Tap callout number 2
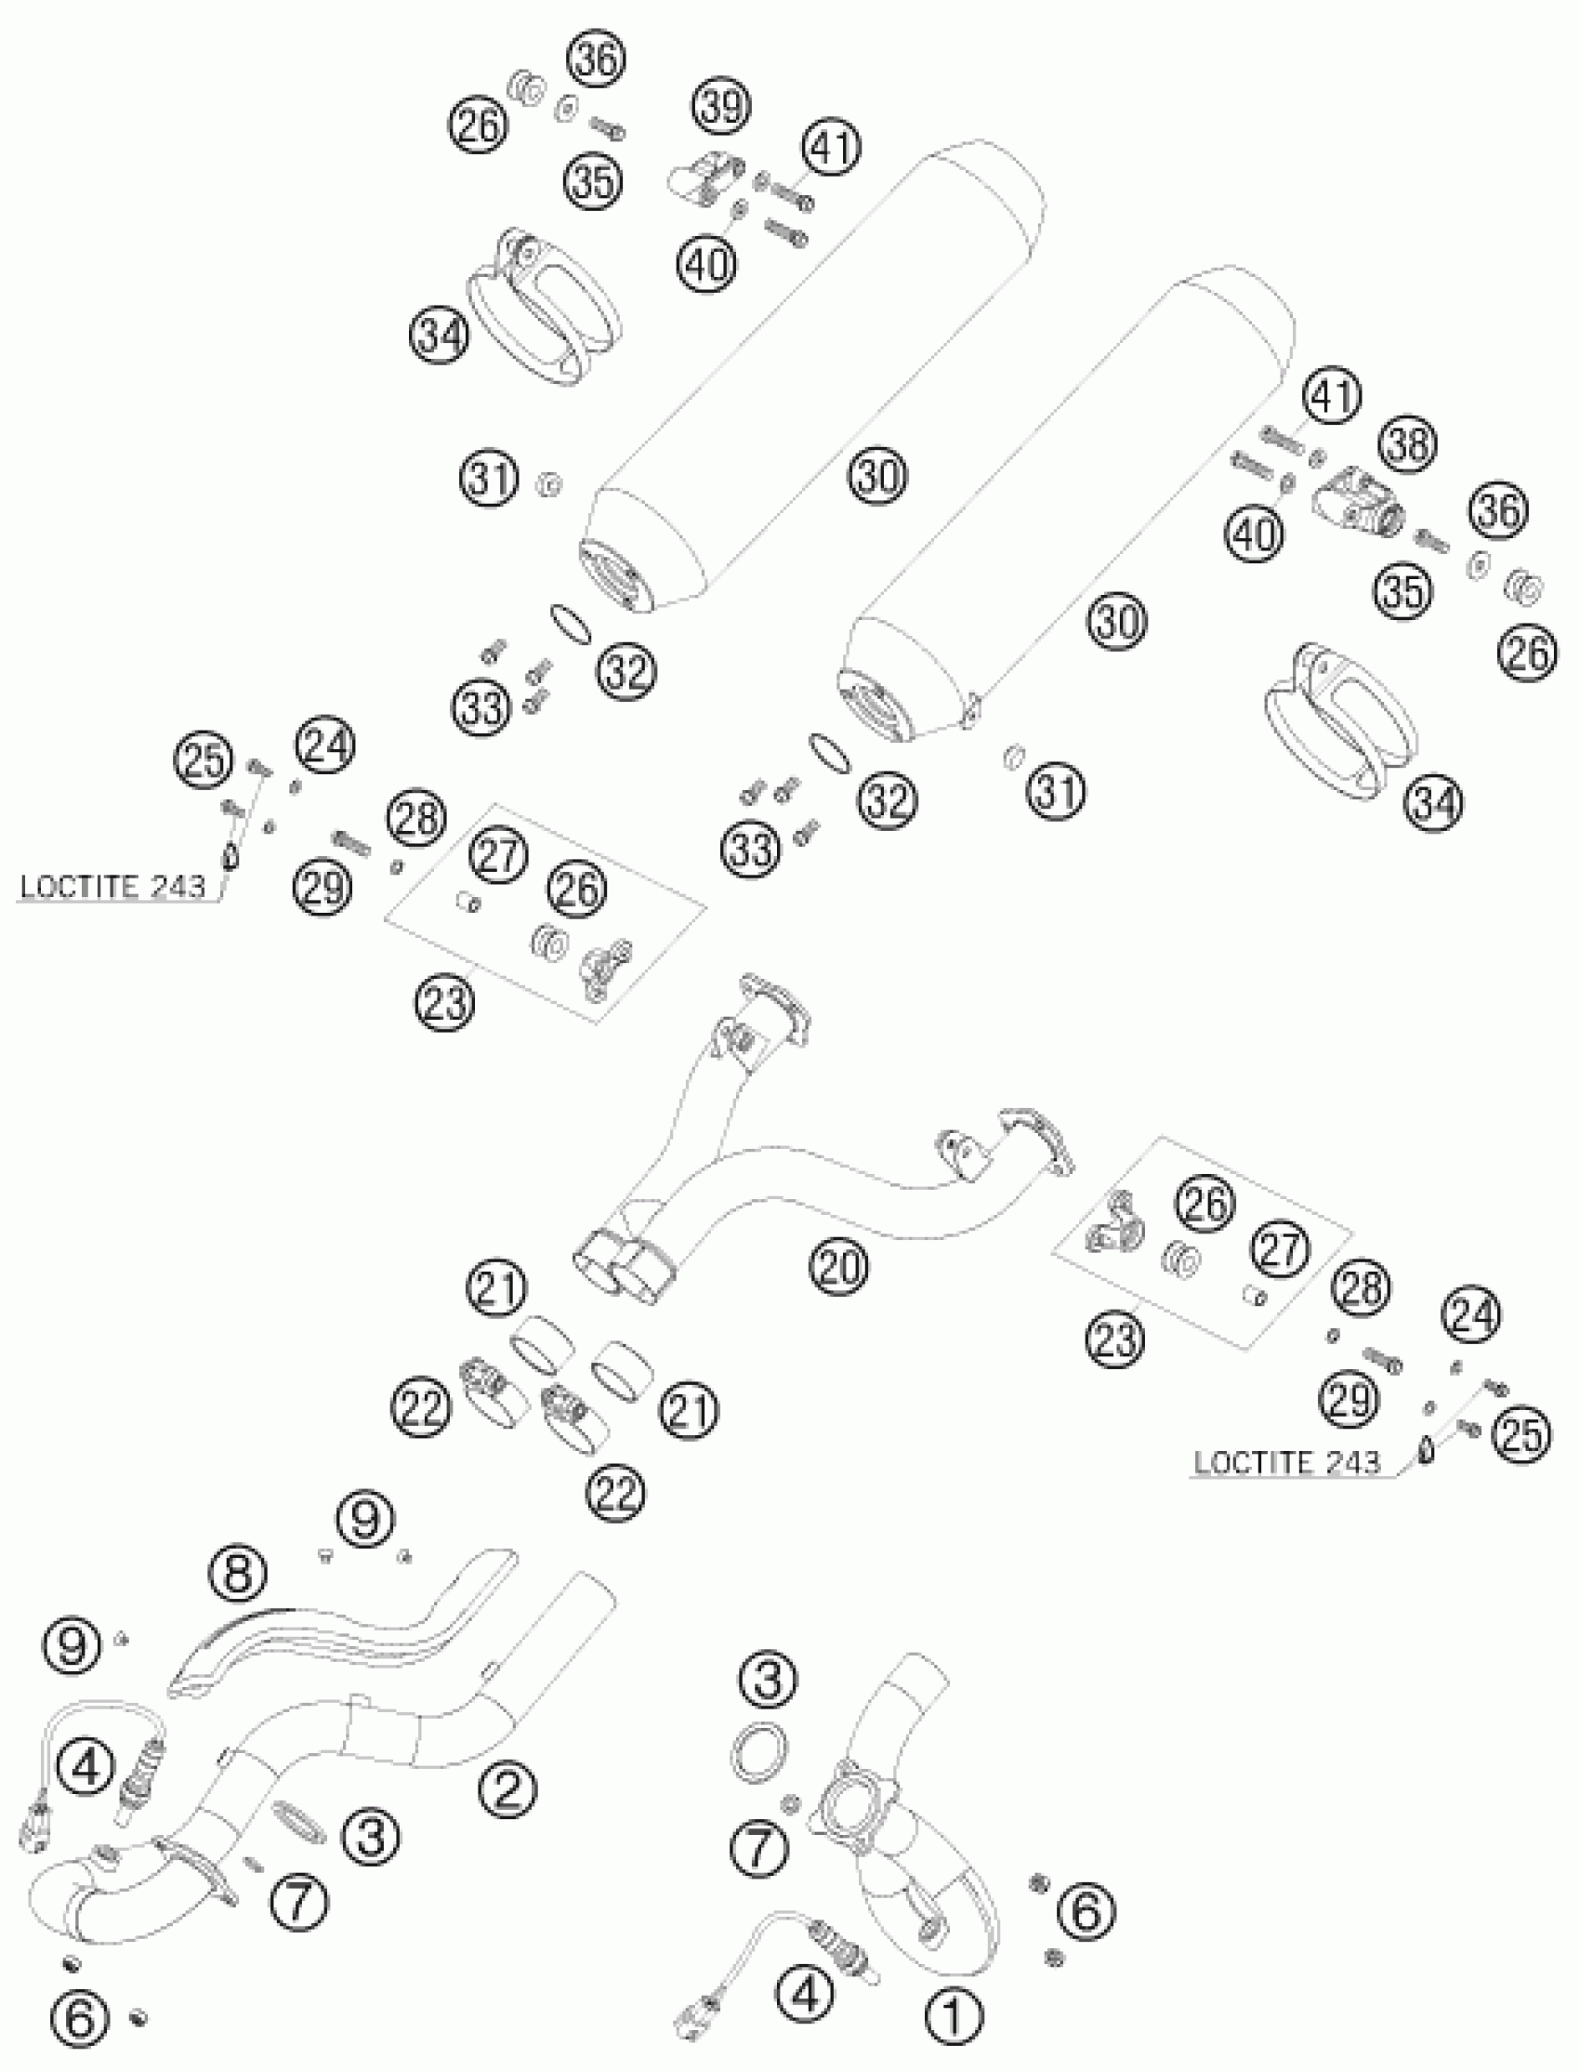[507, 1787]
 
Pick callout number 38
[1409, 443]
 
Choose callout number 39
[722, 106]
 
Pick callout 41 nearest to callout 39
[831, 148]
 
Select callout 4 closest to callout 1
[805, 1991]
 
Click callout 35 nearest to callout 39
[595, 180]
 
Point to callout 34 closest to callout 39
[440, 336]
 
